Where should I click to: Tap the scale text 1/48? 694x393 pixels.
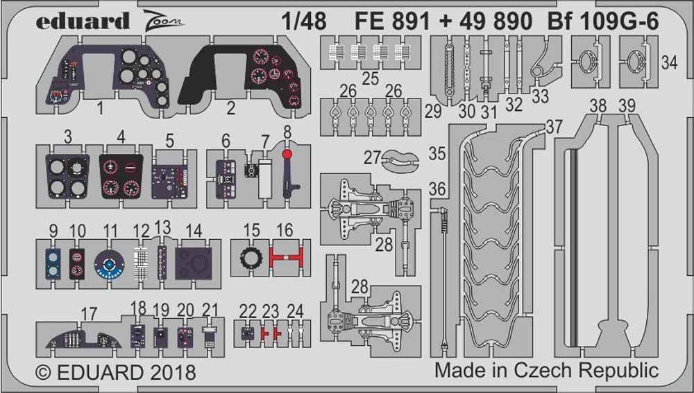click(304, 21)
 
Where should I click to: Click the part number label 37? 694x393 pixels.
click(553, 128)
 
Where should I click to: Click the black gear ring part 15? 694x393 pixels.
click(251, 258)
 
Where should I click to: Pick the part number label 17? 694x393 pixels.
click(89, 315)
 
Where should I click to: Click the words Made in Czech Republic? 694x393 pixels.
click(546, 369)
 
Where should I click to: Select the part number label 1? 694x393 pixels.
click(100, 108)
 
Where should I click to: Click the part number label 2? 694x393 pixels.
click(231, 108)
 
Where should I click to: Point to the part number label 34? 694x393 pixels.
click(669, 63)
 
